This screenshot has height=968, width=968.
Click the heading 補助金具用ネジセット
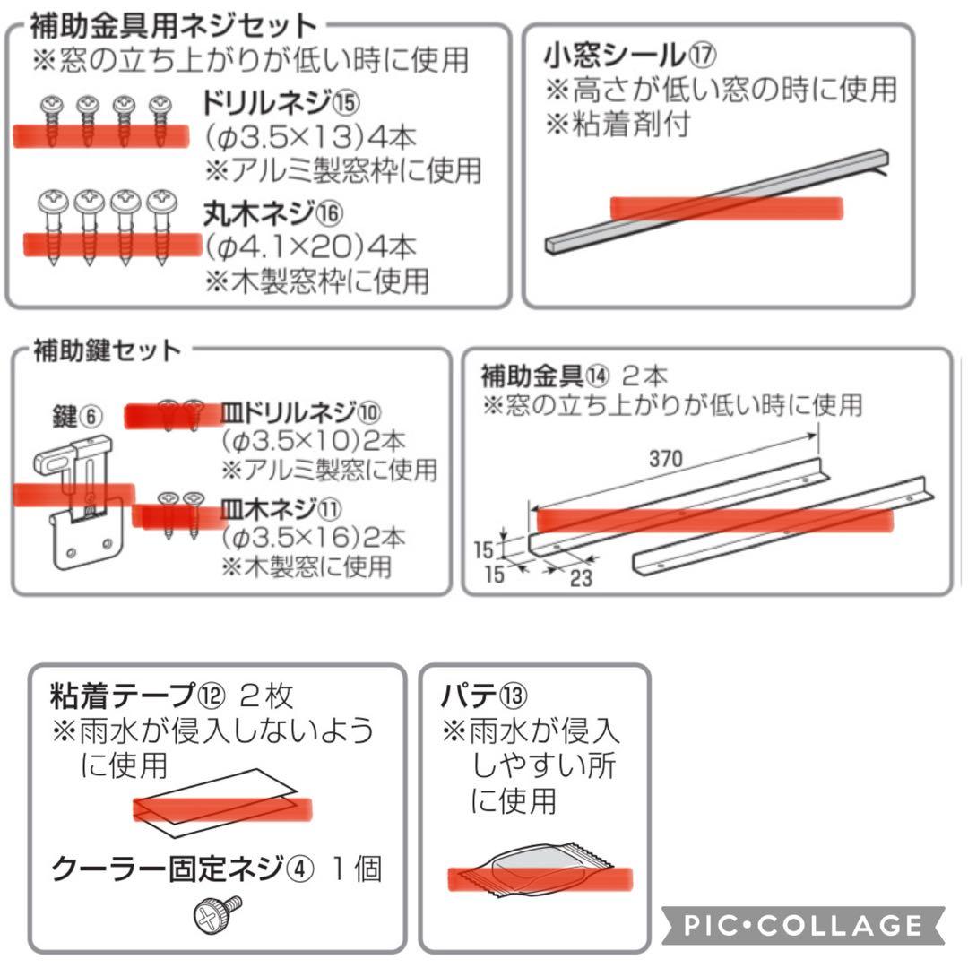pos(174,26)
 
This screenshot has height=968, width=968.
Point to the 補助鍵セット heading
pos(107,350)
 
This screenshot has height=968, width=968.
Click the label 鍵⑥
pos(79,416)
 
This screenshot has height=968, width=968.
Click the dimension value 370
pos(665,459)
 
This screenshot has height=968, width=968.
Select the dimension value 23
pos(581,577)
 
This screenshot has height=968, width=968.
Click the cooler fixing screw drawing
pos(218,912)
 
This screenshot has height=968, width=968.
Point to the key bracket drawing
pos(79,502)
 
